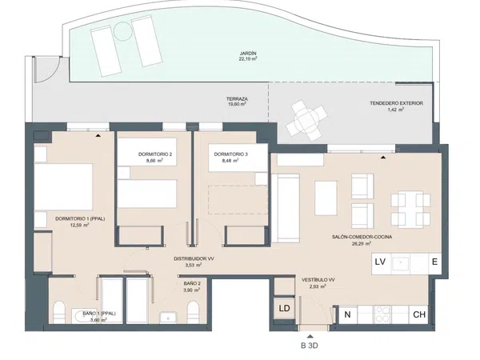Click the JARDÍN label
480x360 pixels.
tap(248, 54)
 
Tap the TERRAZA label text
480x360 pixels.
tap(237, 99)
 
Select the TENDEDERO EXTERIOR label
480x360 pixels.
tap(396, 103)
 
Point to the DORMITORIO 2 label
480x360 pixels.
tap(155, 154)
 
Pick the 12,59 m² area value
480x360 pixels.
tap(80, 225)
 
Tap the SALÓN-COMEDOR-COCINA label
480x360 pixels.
tap(362, 237)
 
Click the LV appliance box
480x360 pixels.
tap(381, 263)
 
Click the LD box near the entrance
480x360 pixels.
tap(284, 308)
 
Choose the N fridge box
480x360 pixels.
tap(347, 314)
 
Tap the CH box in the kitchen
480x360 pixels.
tap(418, 314)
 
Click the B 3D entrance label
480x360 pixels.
tap(309, 346)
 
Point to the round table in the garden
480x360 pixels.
tap(122, 30)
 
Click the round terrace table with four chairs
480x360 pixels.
tap(306, 120)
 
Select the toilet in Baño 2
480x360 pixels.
tap(193, 312)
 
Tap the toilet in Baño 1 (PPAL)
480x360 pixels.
tap(58, 312)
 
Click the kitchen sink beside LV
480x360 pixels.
tap(400, 263)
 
